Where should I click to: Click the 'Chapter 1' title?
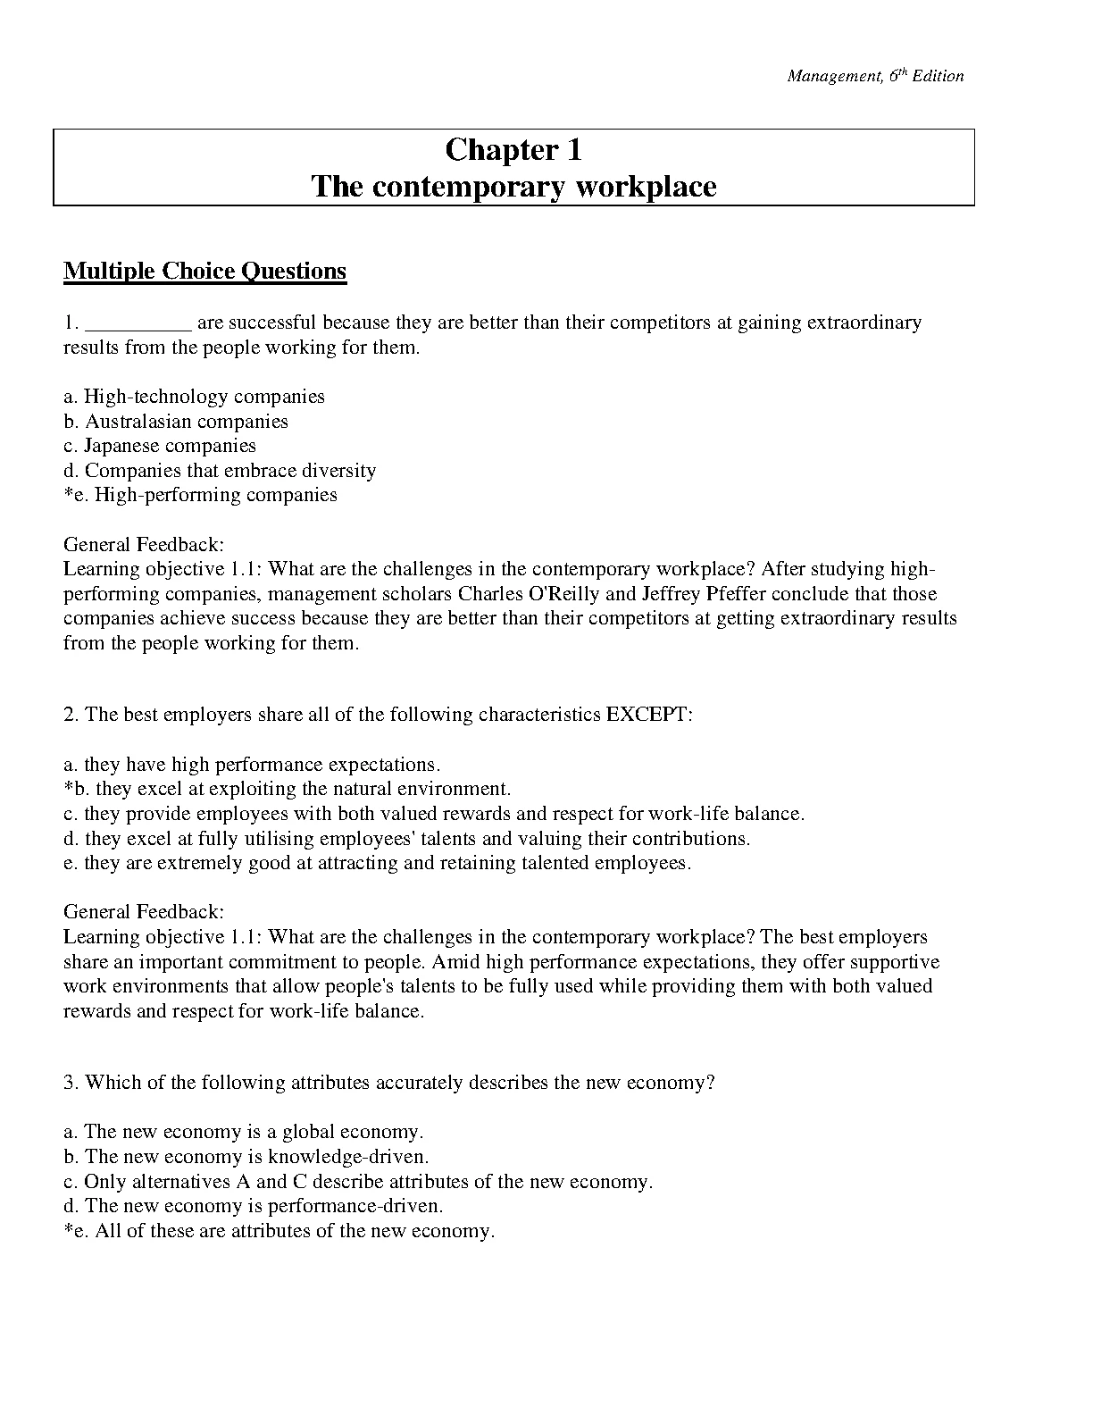513,150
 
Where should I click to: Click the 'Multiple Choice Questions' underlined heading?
204,271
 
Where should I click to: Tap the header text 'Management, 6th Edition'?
875,76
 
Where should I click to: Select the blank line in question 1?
138,323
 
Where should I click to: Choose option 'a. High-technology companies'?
194,397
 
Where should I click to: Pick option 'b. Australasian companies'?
176,422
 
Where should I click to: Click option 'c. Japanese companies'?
160,446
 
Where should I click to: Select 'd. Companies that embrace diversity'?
220,471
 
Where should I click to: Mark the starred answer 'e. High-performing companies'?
201,495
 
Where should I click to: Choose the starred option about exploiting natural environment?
288,789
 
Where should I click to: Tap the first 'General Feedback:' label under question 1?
144,544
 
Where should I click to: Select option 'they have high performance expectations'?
252,765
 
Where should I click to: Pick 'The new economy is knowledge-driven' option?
246,1157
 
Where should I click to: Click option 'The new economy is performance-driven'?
253,1206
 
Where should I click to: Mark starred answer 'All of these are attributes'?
280,1231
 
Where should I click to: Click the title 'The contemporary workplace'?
513,187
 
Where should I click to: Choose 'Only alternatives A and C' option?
358,1182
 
